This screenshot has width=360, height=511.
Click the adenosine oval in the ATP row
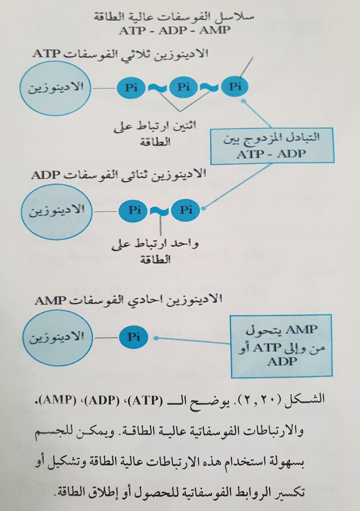[56, 88]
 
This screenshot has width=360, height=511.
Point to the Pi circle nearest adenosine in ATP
[131, 88]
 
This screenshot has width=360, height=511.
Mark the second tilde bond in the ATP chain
[209, 87]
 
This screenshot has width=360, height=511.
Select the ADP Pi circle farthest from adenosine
[185, 210]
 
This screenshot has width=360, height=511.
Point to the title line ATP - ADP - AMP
[180, 32]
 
